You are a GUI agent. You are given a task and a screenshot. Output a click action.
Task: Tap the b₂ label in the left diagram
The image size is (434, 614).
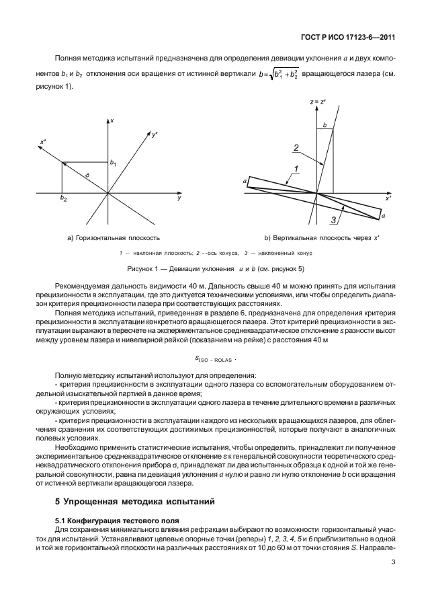click(63, 199)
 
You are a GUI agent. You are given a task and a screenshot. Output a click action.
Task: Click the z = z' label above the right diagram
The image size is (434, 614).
click(318, 102)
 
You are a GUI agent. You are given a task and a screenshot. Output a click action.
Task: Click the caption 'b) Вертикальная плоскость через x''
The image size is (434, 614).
click(322, 238)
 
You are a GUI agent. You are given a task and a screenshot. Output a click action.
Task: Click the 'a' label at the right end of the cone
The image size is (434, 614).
click(383, 217)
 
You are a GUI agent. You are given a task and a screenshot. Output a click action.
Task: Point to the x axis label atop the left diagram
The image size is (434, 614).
click(112, 120)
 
